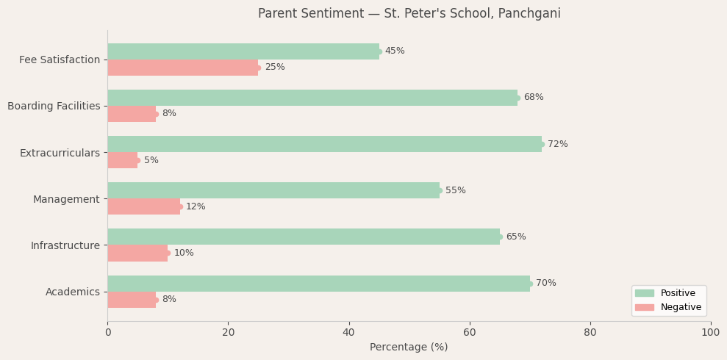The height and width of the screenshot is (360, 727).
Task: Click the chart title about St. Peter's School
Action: (x=409, y=14)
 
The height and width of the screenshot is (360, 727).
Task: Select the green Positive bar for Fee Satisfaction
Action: (x=243, y=51)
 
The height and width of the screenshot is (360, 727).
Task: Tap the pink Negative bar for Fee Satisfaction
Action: (x=182, y=68)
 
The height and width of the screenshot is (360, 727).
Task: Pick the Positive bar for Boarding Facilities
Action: (x=312, y=98)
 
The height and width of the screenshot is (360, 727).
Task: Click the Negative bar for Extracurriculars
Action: (x=123, y=160)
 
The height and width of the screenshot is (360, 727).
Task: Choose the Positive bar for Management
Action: (x=273, y=190)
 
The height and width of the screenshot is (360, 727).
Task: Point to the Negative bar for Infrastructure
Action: (x=137, y=253)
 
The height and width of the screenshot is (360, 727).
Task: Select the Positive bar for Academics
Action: (x=318, y=284)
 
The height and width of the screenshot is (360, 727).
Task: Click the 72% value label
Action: (x=557, y=144)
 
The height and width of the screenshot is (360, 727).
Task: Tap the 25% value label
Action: (x=274, y=68)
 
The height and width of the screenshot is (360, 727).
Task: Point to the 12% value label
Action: (x=196, y=206)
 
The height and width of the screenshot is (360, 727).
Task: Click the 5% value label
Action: (x=151, y=160)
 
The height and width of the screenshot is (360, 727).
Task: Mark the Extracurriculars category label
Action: (x=60, y=153)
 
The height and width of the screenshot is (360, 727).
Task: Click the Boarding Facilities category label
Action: (x=54, y=107)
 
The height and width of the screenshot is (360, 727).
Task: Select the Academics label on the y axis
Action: (x=73, y=292)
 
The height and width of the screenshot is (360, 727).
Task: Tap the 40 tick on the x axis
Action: (x=349, y=333)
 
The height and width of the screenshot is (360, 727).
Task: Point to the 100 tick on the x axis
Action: (x=710, y=333)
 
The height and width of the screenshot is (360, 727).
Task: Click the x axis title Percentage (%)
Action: (x=409, y=348)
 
